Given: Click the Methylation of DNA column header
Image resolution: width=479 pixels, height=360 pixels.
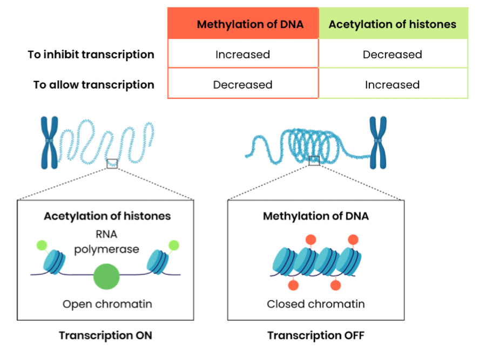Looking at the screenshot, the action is (x=250, y=24).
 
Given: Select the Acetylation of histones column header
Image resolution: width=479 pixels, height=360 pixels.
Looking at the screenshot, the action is (x=392, y=24).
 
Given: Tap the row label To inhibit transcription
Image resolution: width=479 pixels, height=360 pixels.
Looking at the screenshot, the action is (x=91, y=55).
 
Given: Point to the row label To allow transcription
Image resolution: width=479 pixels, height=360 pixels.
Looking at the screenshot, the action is (x=94, y=85).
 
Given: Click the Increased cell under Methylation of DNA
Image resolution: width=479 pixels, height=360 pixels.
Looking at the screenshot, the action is (x=243, y=55).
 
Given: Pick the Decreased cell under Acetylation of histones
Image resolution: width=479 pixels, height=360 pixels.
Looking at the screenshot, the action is (x=392, y=55).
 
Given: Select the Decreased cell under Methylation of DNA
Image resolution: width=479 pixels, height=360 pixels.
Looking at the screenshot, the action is (x=243, y=85).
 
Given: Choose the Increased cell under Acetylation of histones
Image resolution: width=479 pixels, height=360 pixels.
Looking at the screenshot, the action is (x=392, y=85).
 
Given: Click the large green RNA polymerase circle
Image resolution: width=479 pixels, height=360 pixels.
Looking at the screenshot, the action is (x=106, y=277).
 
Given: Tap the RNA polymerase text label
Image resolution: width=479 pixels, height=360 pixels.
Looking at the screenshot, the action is (x=106, y=241).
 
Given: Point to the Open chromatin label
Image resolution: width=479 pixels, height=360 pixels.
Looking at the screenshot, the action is (x=107, y=304).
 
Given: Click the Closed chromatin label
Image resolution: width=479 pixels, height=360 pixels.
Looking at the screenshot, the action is (x=316, y=304).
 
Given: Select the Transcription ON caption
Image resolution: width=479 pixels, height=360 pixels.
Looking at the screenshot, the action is (x=105, y=335).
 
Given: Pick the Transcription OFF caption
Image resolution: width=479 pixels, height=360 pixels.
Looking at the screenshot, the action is (x=316, y=335).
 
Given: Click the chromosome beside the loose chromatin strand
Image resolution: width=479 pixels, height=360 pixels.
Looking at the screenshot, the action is (x=50, y=142).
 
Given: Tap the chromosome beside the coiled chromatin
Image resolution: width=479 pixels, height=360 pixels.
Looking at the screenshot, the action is (x=378, y=142).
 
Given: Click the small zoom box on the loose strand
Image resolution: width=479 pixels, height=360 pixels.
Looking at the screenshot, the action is (x=112, y=164).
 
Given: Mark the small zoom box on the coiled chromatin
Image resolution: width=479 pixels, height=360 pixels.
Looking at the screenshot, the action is (x=314, y=161).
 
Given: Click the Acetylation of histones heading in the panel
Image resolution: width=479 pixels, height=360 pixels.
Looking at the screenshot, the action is (x=107, y=216).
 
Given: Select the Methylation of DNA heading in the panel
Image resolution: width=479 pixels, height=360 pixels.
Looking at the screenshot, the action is (x=316, y=216).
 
